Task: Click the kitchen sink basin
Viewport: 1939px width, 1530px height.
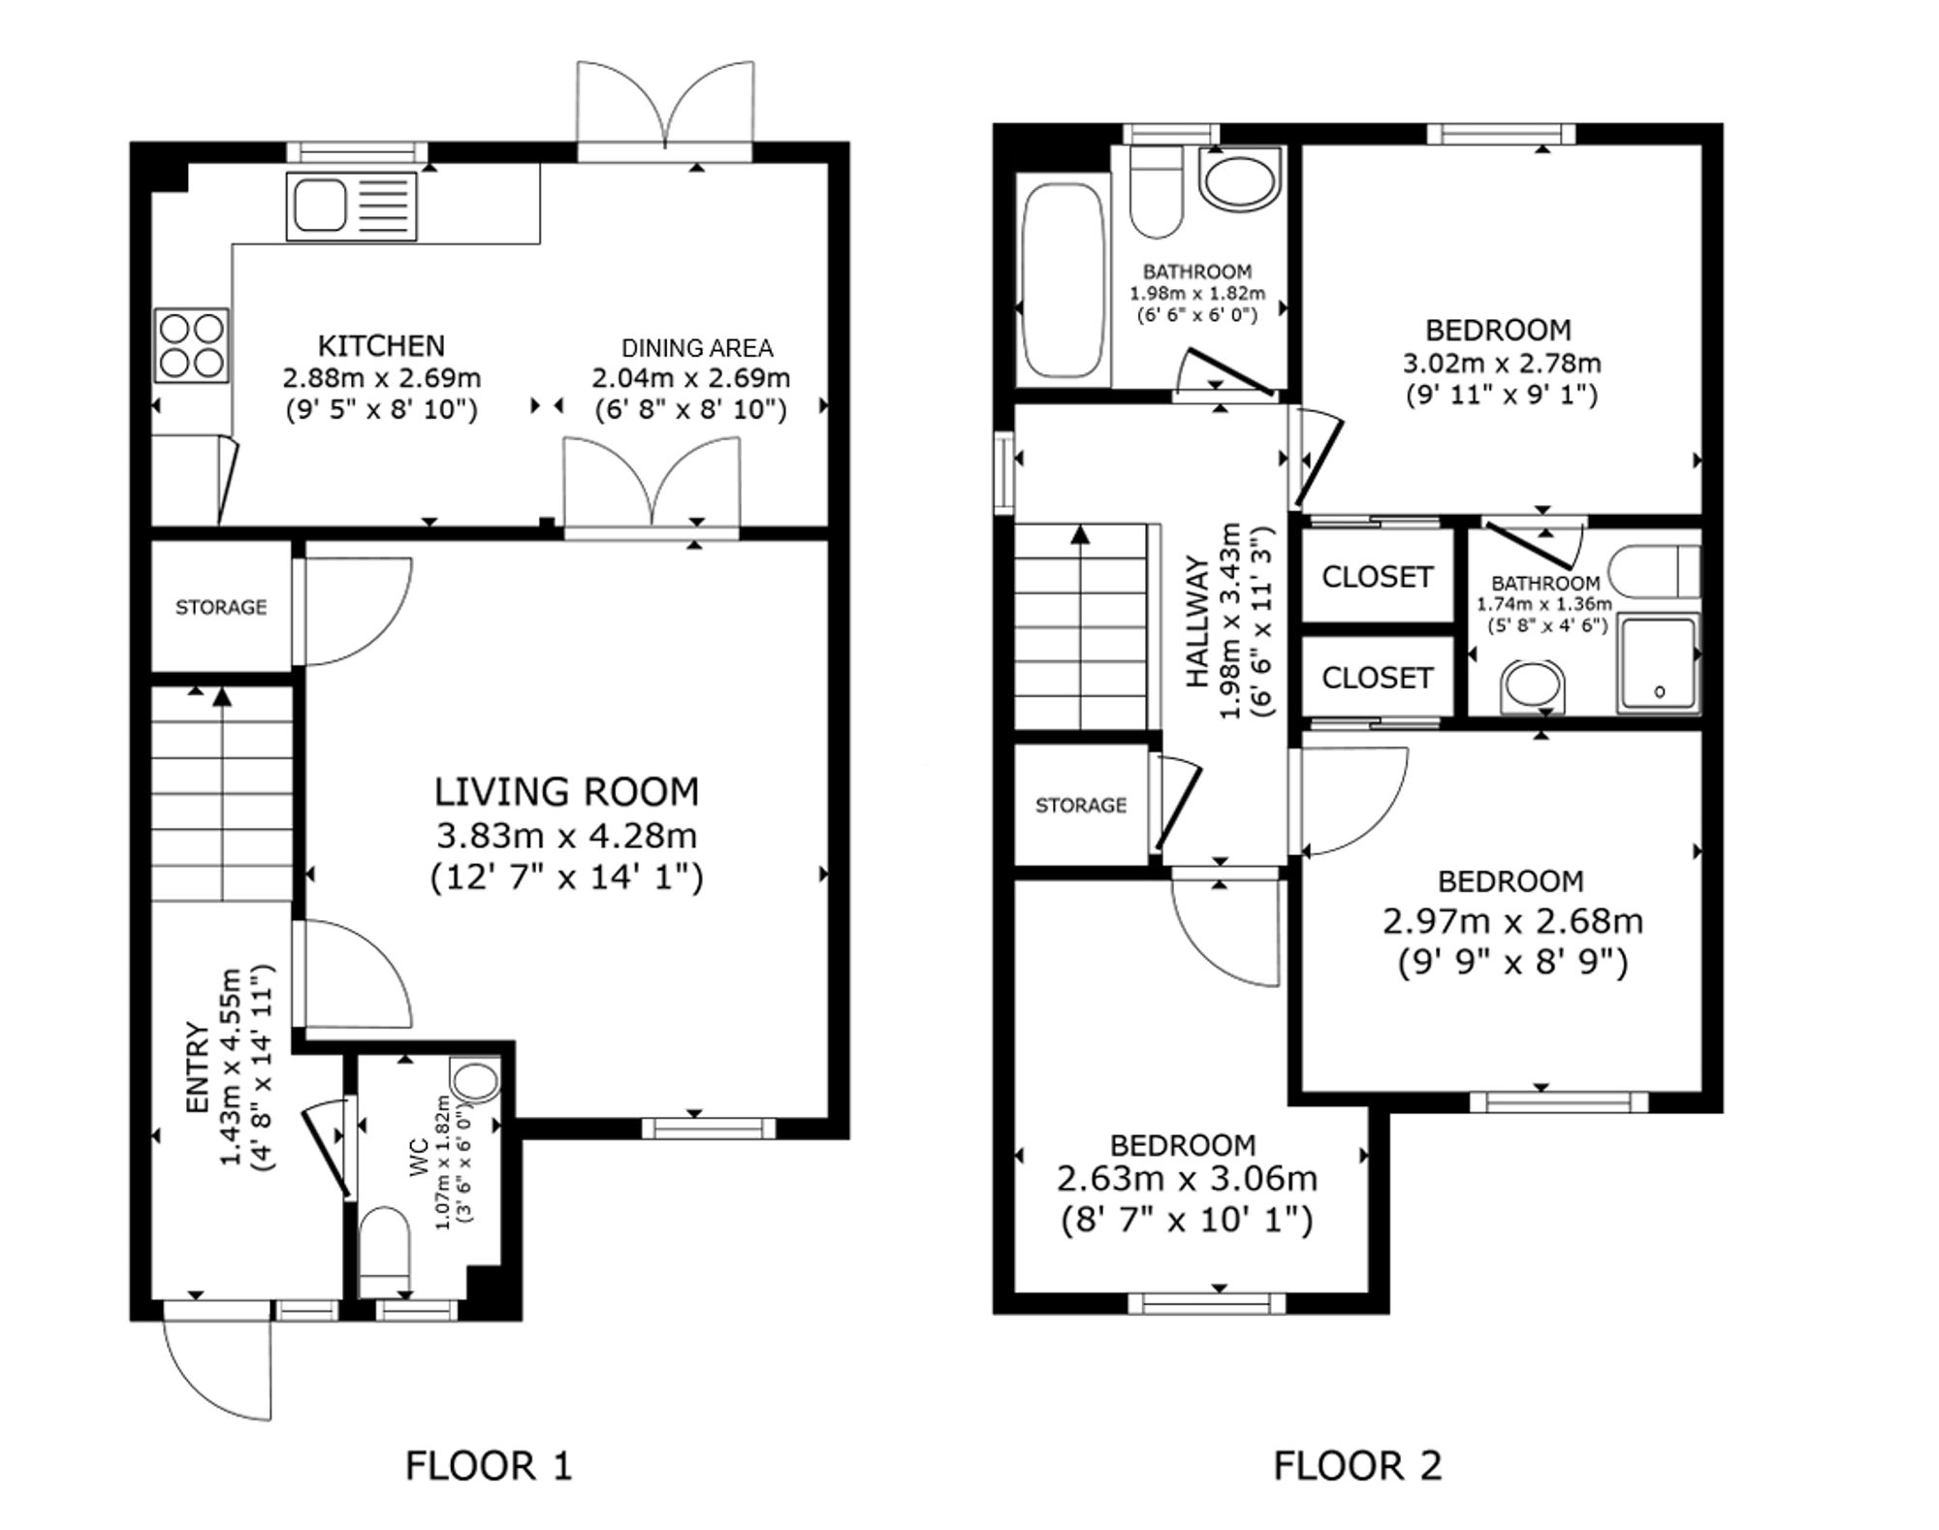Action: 321,206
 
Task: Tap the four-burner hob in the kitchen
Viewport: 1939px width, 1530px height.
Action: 192,345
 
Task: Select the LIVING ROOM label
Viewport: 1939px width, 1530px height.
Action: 566,792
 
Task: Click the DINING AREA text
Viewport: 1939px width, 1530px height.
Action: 697,348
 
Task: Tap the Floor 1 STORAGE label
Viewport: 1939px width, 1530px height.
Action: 221,607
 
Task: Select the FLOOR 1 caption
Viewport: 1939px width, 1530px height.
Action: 489,1465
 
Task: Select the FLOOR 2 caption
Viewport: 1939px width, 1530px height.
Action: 1357,1465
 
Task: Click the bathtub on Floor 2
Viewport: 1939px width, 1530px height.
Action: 1064,280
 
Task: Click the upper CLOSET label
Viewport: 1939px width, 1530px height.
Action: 1377,577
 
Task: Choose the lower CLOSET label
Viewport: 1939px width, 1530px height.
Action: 1377,678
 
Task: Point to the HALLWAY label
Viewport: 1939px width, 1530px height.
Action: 1198,622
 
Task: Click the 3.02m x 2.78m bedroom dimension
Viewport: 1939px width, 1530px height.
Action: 1502,364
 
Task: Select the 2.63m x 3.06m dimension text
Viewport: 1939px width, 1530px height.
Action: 1187,1180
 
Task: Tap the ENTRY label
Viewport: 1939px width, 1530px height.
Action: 197,1068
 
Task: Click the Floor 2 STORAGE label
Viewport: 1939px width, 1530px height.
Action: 1081,806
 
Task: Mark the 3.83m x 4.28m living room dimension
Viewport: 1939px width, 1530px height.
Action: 566,836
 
